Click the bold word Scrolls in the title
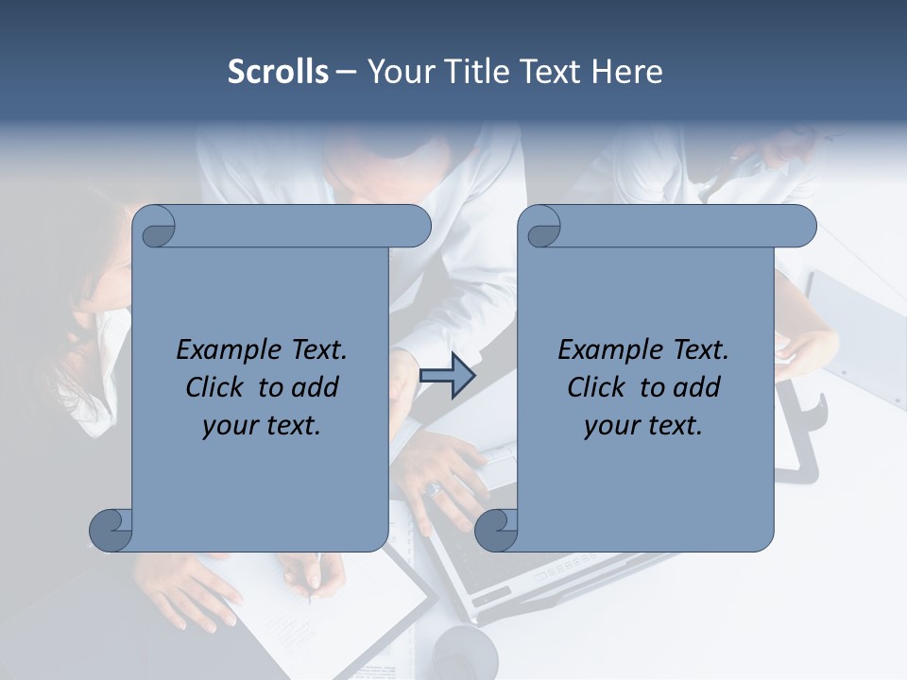click(x=278, y=72)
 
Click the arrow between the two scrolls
click(x=448, y=376)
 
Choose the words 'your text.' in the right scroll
click(x=643, y=426)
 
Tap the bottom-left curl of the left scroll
click(x=111, y=530)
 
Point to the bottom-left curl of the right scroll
click(x=496, y=530)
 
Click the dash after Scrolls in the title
click(x=346, y=73)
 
